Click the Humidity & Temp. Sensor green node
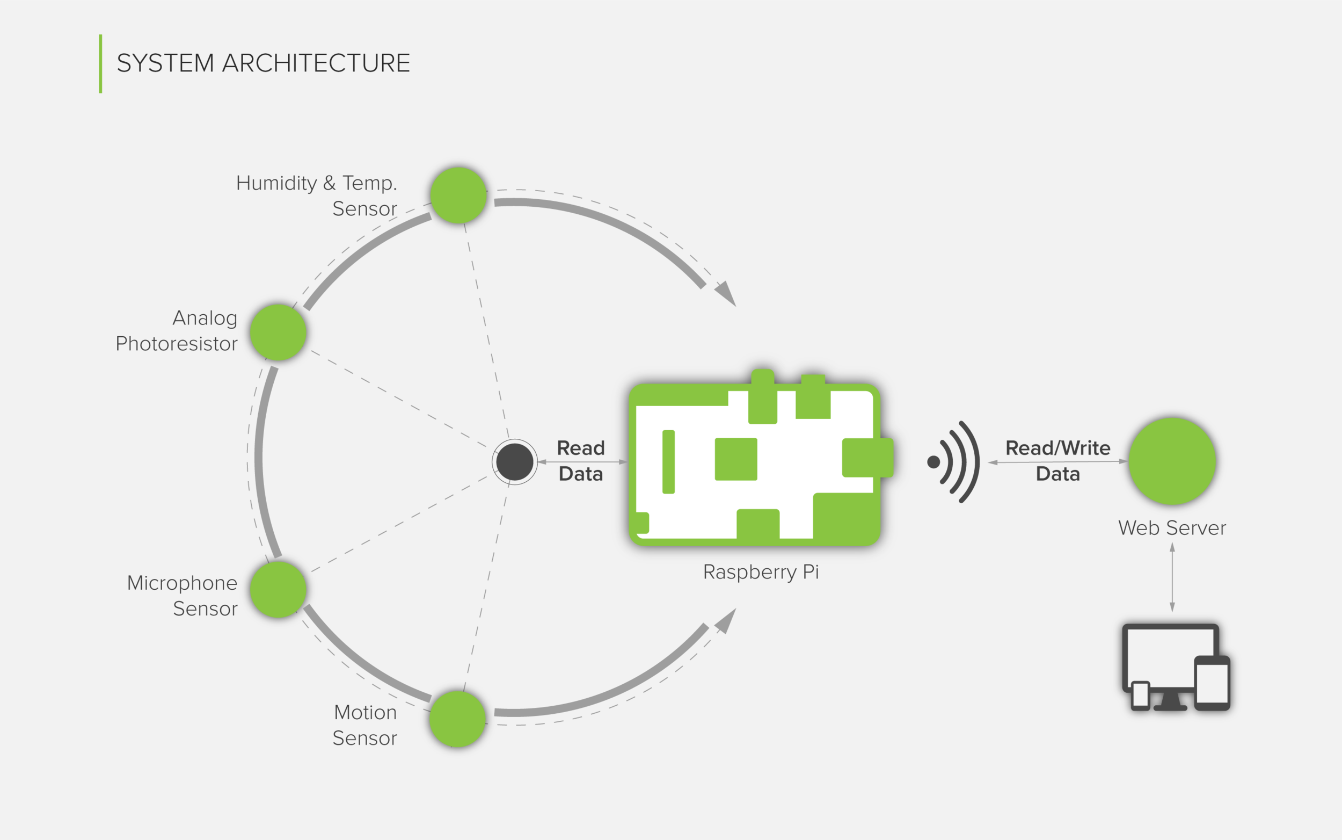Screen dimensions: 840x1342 (458, 195)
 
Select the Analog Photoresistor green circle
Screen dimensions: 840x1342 (278, 332)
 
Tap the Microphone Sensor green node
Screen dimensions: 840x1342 (278, 589)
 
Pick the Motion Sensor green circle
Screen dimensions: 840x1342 (457, 719)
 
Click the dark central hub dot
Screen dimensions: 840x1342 (515, 462)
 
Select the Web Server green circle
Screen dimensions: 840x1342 (1172, 461)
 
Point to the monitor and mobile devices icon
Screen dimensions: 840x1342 (1176, 667)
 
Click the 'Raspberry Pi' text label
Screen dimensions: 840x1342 (761, 571)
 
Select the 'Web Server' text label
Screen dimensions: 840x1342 (1172, 528)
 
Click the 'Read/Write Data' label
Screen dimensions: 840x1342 (1057, 461)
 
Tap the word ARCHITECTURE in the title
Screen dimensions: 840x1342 (316, 63)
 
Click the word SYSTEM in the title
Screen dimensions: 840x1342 (165, 63)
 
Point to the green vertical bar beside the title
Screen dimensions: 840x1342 (100, 63)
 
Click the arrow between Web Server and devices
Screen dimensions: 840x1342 (1172, 577)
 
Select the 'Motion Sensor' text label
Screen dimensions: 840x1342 (365, 725)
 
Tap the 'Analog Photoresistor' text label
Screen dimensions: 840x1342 (177, 330)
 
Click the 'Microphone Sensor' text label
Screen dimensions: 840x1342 (183, 596)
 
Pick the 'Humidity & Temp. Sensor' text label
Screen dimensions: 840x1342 (317, 195)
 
